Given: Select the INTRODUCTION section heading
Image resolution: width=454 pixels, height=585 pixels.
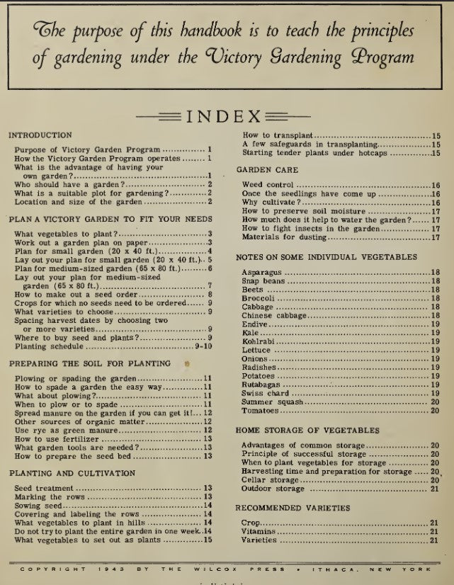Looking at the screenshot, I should pos(40,135).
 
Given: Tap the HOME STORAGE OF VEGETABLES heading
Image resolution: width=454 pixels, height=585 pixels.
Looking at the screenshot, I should pos(307,430).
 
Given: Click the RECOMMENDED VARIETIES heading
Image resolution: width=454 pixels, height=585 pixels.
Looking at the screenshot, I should pos(292,508).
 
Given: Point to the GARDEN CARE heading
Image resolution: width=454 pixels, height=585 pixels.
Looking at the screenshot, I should pos(267,170).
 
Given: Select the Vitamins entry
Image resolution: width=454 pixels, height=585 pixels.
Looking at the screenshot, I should pos(259,531).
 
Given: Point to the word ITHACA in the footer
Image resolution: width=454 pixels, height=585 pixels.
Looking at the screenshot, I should pos(337,569).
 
